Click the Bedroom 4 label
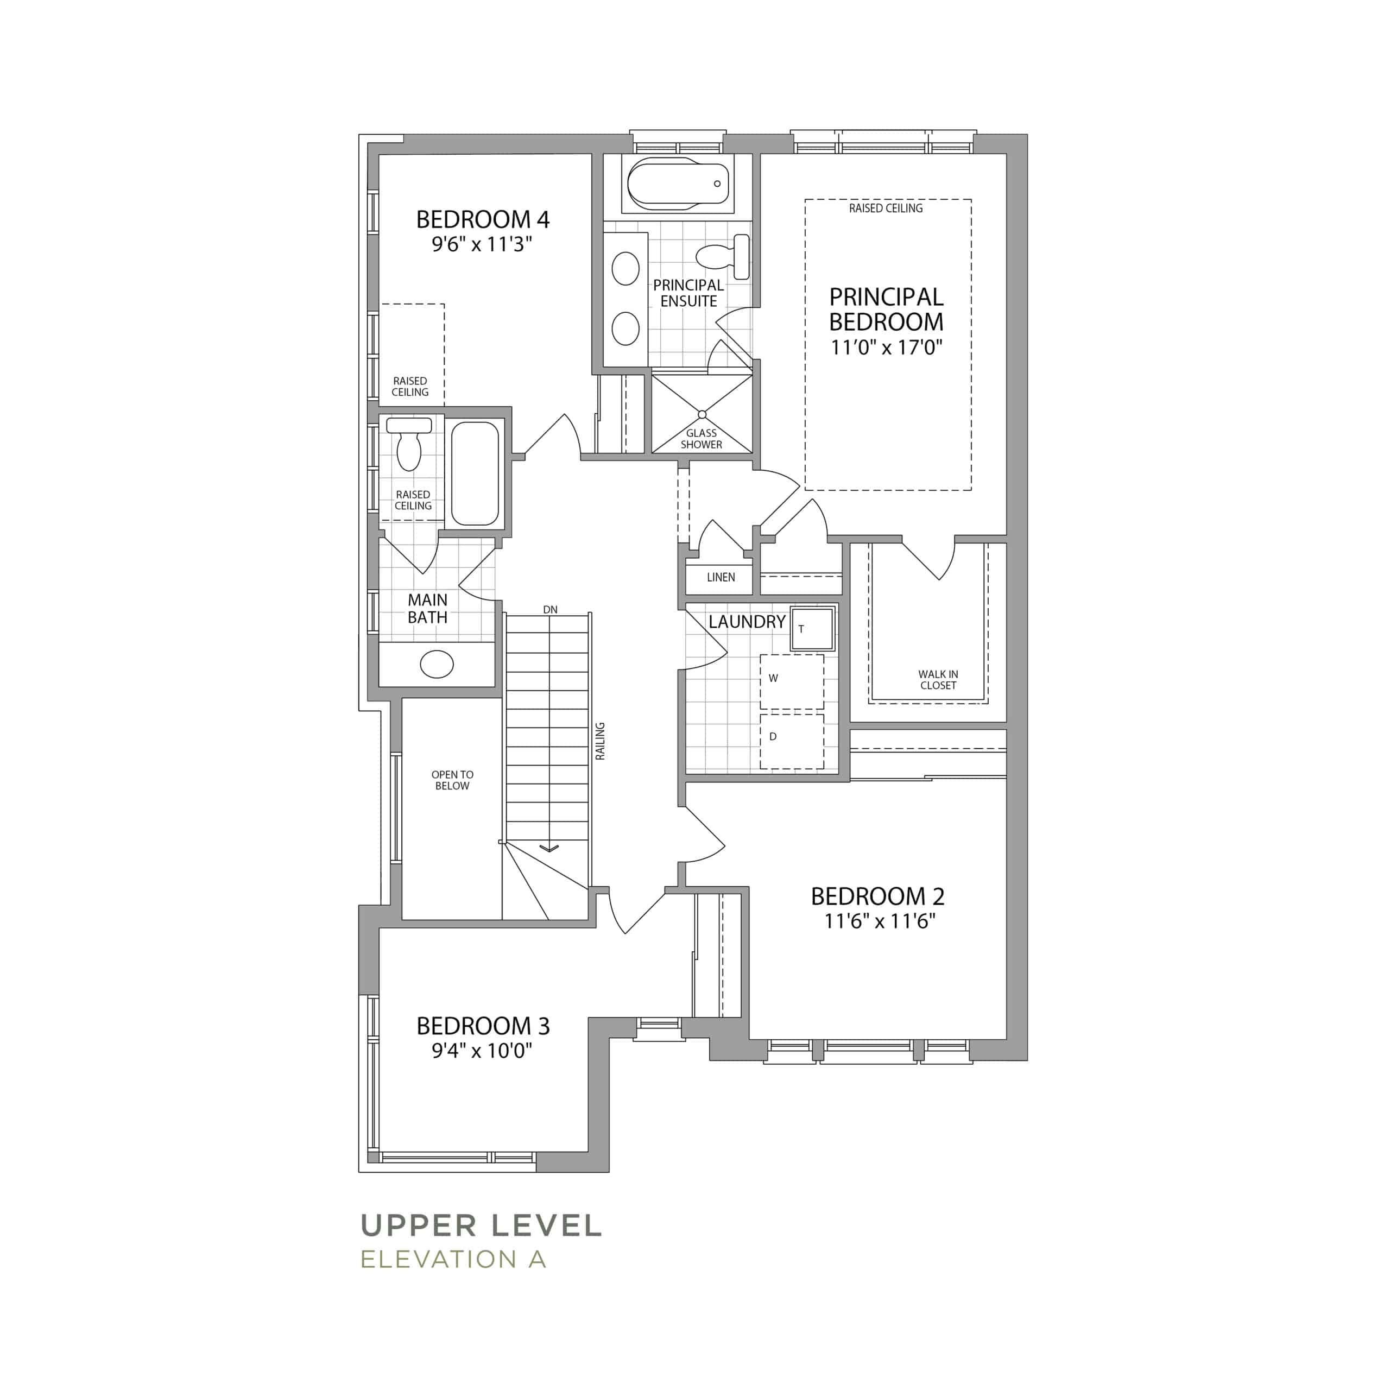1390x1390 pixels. pos(483,219)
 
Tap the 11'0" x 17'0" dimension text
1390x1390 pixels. pos(886,347)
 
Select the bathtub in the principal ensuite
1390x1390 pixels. pos(679,184)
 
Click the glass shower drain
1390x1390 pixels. pos(702,414)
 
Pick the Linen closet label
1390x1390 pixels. pos(721,577)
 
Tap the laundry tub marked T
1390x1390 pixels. pos(813,629)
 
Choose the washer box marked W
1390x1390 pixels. pos(792,682)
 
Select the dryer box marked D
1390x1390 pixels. pos(792,741)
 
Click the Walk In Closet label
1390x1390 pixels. pos(938,680)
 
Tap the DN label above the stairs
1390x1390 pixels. pos(551,609)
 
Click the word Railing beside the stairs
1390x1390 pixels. pos(600,741)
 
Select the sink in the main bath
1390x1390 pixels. pos(437,664)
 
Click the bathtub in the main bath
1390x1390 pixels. pos(475,473)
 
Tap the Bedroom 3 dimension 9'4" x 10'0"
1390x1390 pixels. pos(482,1051)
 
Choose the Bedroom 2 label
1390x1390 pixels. pos(878,896)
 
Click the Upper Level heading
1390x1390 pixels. pos(481,1226)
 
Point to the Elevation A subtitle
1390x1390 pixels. pos(453,1259)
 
